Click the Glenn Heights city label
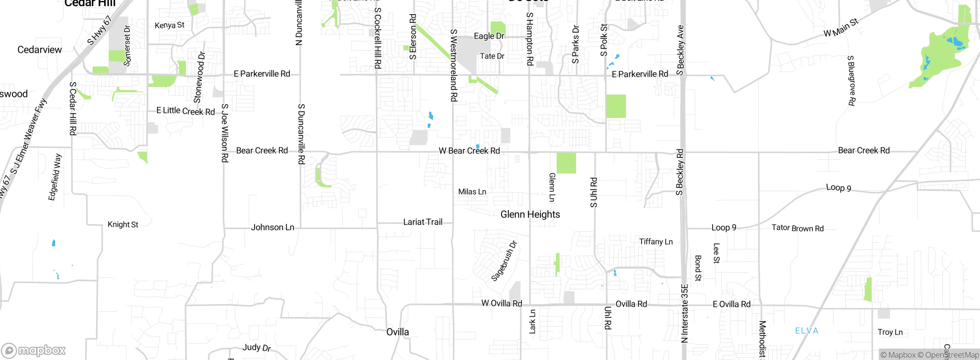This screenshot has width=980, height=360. coord(530,214)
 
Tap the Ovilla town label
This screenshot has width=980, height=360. coord(397,332)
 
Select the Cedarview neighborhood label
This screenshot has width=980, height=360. coord(39,50)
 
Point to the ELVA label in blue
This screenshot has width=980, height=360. coord(807,331)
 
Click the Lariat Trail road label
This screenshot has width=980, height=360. coord(423,222)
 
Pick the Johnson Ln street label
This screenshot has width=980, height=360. coord(272,227)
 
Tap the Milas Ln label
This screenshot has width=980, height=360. coord(472,192)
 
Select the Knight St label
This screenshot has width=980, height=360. coord(122,224)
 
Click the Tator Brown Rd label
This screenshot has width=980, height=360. coord(797,228)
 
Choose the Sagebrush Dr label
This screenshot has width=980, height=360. coord(504,261)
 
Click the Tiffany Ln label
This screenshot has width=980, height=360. coord(656,242)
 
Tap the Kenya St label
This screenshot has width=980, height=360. coord(169,25)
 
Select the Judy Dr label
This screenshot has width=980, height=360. coord(256,348)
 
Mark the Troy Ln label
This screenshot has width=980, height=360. coord(890,332)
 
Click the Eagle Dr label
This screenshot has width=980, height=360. coord(489,36)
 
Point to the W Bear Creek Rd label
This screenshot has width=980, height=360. coord(469,151)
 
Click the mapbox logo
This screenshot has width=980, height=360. coord(34,350)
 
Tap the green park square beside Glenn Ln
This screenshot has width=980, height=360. coord(566,163)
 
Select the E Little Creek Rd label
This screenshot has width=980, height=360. coord(186,111)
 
